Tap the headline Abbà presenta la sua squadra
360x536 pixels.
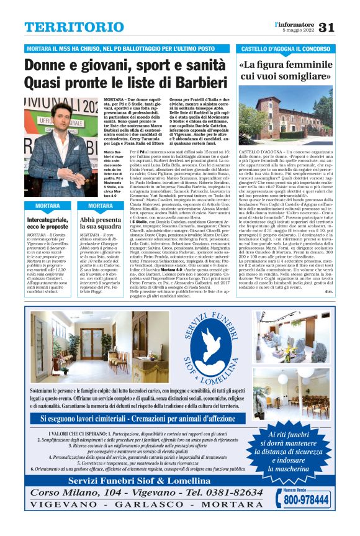click(x=101, y=223)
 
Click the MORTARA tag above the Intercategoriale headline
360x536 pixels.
click(x=47, y=206)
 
